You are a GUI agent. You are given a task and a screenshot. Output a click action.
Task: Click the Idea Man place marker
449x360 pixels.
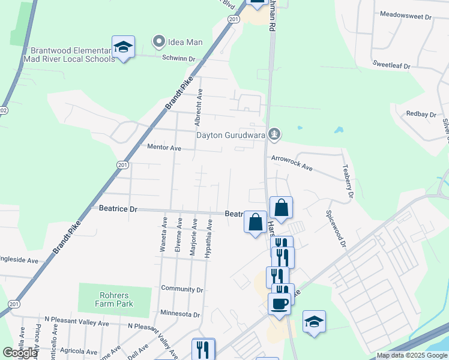click(159, 42)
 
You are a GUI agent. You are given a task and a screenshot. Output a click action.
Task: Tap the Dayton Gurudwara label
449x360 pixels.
click(231, 134)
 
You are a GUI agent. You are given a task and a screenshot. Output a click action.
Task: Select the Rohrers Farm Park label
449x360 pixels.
click(113, 299)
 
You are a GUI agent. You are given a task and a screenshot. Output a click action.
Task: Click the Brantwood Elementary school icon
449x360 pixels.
click(123, 47)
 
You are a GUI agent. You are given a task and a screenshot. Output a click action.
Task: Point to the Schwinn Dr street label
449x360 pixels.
click(179, 58)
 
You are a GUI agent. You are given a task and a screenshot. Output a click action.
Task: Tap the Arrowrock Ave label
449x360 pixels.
click(292, 163)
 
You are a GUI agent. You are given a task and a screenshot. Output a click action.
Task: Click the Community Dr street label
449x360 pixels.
click(182, 289)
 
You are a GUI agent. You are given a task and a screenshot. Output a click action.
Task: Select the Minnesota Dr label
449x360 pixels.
click(180, 314)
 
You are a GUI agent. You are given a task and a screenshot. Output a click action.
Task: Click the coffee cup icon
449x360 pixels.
click(280, 303)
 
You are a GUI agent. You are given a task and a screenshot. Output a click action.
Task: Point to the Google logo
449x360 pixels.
click(20, 353)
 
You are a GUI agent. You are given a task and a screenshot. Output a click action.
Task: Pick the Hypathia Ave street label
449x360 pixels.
click(209, 239)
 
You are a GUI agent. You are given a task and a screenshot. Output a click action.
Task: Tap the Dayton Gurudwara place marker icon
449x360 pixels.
click(274, 133)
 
